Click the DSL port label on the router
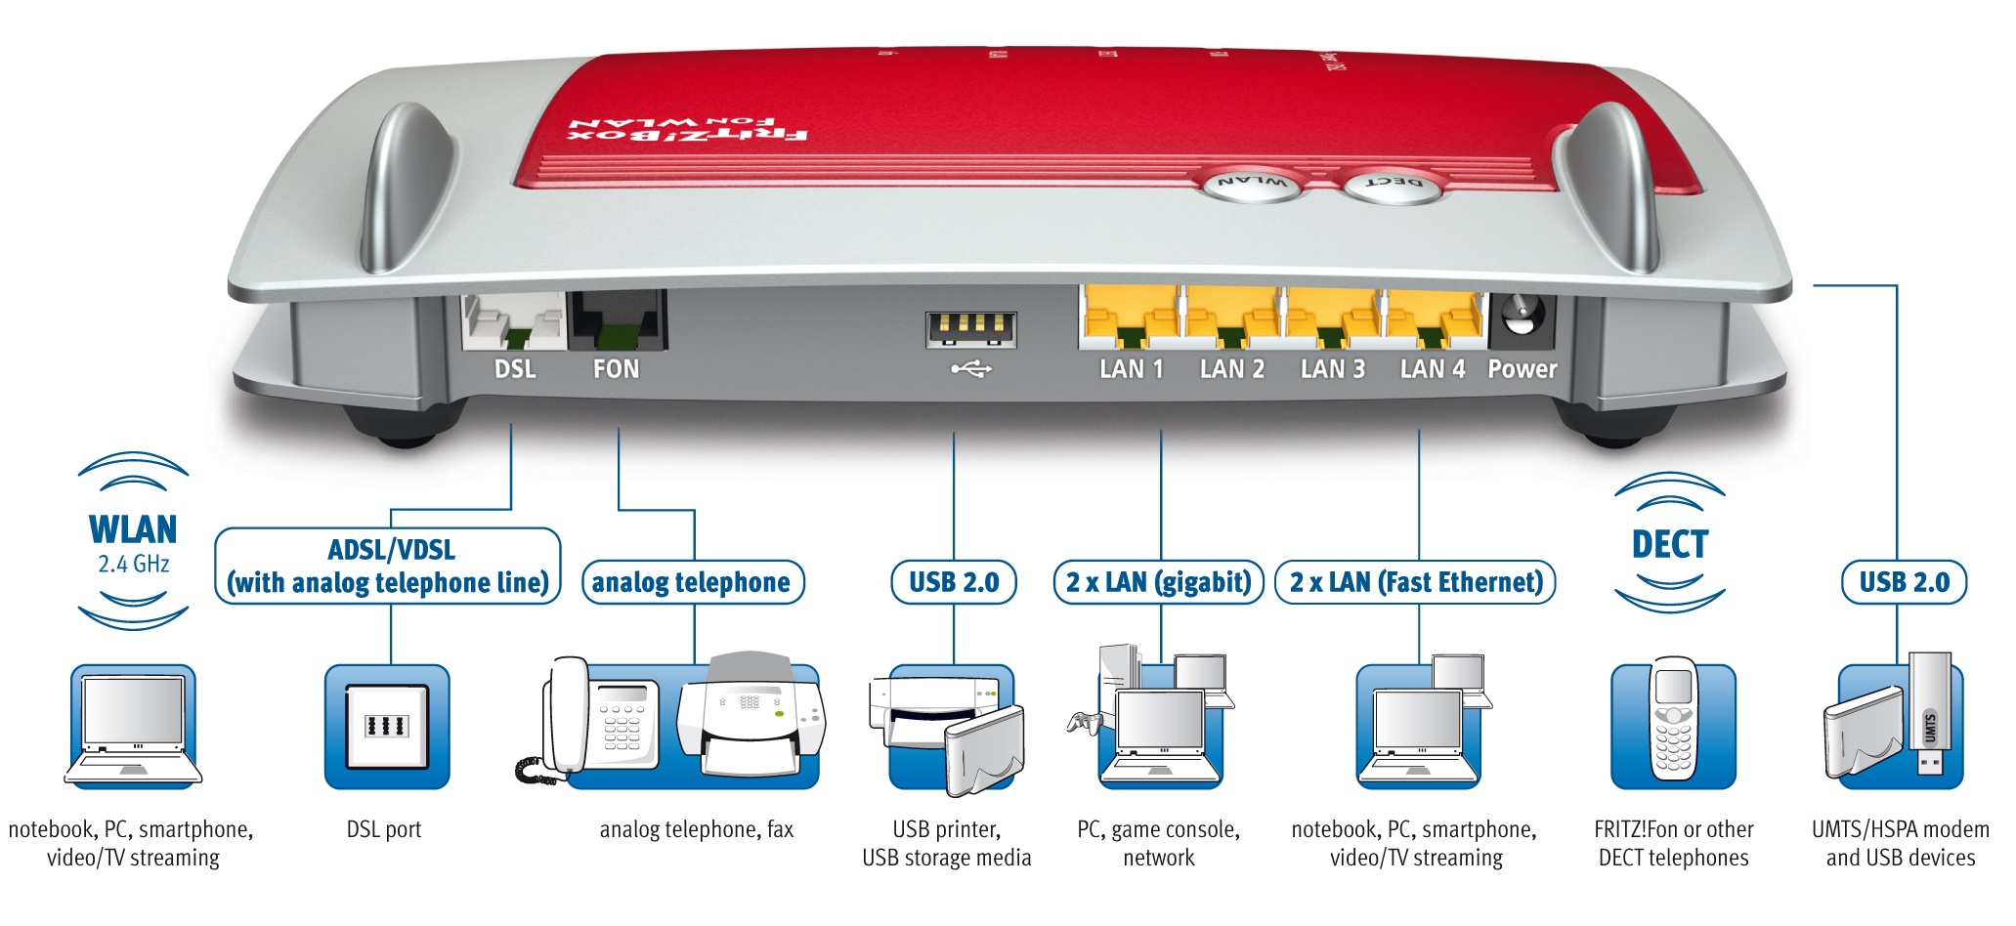(515, 369)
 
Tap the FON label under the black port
(616, 369)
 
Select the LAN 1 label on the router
(1131, 369)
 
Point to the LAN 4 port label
(1432, 369)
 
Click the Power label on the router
(1522, 369)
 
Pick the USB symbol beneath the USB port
(971, 369)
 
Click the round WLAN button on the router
(1253, 184)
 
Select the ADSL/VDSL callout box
(389, 567)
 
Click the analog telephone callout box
(692, 582)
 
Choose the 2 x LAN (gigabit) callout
(1158, 582)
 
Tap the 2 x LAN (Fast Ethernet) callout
(1415, 582)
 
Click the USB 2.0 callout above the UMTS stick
(1904, 582)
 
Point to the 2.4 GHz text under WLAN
(134, 565)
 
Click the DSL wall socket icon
(387, 726)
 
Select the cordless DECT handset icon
(1673, 719)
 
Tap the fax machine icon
(751, 718)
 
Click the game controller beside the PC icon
(1085, 724)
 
